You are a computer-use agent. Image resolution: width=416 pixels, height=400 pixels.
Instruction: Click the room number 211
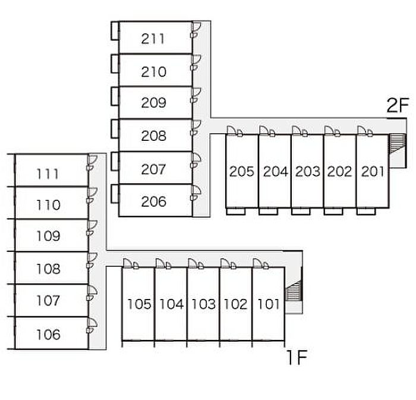click(x=153, y=40)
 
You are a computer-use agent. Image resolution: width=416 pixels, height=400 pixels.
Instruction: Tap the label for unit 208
click(x=153, y=136)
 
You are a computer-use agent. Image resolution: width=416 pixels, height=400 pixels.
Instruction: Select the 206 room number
click(x=153, y=201)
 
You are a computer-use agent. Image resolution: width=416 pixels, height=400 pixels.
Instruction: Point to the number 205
click(x=242, y=172)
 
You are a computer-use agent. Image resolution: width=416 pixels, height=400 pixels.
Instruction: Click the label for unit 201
click(x=373, y=172)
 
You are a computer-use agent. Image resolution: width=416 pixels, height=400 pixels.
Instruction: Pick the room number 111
click(x=48, y=174)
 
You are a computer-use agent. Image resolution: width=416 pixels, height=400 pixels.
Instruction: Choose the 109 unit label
click(x=48, y=236)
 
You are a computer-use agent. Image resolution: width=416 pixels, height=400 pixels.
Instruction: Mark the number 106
click(x=48, y=335)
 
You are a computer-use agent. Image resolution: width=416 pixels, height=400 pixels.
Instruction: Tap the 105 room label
click(x=139, y=305)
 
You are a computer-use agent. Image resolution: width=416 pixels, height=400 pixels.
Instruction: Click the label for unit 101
click(x=269, y=305)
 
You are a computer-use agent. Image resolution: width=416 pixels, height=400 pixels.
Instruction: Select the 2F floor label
click(x=398, y=106)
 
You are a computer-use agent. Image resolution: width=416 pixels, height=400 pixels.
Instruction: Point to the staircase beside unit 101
click(x=293, y=293)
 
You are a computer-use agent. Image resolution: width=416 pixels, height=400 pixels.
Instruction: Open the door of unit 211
click(x=196, y=30)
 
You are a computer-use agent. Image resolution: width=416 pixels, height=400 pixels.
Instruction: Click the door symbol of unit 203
click(x=298, y=130)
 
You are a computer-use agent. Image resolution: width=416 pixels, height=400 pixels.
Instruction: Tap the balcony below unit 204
click(x=269, y=210)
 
